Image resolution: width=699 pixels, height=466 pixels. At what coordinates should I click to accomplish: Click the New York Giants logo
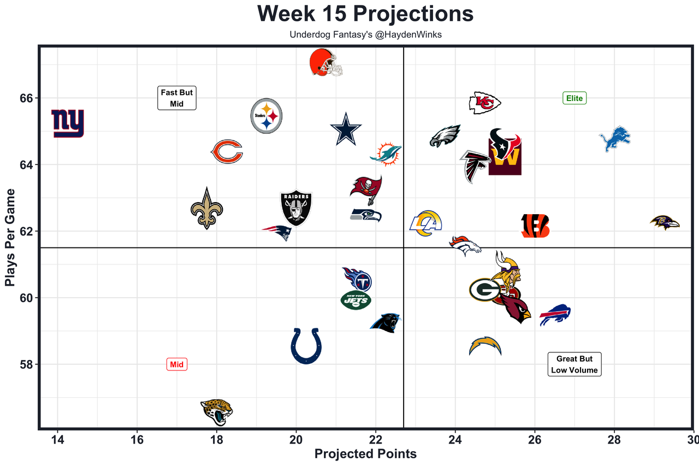pyautogui.click(x=68, y=123)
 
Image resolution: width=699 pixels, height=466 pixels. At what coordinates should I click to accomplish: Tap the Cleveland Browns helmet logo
pyautogui.click(x=325, y=63)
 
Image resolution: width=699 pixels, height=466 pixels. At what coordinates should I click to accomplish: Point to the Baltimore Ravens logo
pyautogui.click(x=665, y=223)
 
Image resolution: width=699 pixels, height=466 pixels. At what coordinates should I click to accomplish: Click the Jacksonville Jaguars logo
pyautogui.click(x=217, y=412)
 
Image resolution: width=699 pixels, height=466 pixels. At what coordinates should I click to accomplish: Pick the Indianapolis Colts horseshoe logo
pyautogui.click(x=306, y=346)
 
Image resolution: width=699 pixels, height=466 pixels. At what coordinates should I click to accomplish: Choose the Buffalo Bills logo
pyautogui.click(x=555, y=315)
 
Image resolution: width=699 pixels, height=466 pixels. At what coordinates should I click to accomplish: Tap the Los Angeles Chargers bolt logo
pyautogui.click(x=485, y=346)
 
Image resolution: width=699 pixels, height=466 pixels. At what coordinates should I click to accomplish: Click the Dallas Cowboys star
pyautogui.click(x=346, y=129)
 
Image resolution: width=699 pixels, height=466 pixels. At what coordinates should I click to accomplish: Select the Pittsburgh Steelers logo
pyautogui.click(x=266, y=116)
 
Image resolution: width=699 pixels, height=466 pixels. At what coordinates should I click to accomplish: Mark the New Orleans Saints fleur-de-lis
pyautogui.click(x=206, y=209)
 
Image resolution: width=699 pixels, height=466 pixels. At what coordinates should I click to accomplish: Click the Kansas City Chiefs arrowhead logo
pyautogui.click(x=485, y=103)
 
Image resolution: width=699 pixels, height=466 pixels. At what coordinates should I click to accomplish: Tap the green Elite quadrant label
pyautogui.click(x=574, y=98)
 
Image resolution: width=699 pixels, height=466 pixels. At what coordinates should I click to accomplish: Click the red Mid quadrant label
pyautogui.click(x=176, y=364)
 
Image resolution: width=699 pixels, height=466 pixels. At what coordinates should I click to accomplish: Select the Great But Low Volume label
pyautogui.click(x=574, y=364)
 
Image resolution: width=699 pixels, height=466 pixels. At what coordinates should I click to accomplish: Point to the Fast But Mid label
pyautogui.click(x=176, y=98)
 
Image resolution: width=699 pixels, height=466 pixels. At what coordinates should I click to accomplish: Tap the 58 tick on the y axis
pyautogui.click(x=25, y=364)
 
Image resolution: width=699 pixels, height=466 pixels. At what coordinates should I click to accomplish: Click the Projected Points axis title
pyautogui.click(x=365, y=454)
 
